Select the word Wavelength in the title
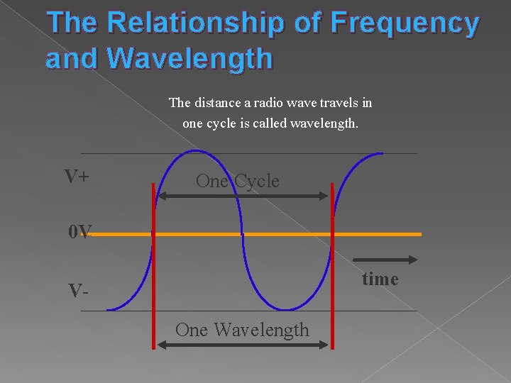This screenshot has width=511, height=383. click(x=192, y=59)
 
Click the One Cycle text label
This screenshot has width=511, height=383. click(x=237, y=181)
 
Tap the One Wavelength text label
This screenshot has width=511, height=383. click(x=242, y=330)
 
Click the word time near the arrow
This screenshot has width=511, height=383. click(x=380, y=279)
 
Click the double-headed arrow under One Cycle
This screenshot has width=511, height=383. click(x=242, y=196)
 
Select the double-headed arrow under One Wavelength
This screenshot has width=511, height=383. click(x=243, y=345)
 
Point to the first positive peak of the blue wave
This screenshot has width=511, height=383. click(x=198, y=150)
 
